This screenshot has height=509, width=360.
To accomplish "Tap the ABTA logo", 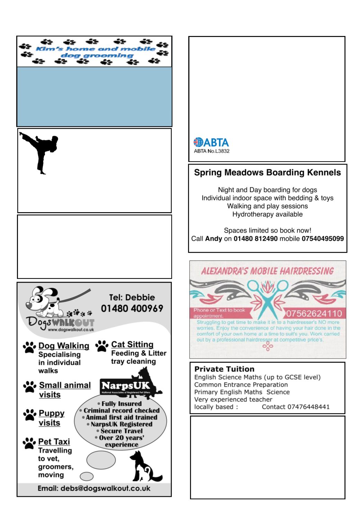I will (211, 143).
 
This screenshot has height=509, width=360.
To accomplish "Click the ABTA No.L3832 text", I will (211, 151).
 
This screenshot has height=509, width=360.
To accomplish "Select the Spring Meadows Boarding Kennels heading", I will (267, 173).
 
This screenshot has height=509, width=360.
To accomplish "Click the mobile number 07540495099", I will (323, 239).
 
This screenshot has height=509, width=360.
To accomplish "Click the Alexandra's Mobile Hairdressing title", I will (267, 271).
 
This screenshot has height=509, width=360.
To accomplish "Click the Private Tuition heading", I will (224, 369).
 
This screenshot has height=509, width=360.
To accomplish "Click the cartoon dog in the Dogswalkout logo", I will (43, 301).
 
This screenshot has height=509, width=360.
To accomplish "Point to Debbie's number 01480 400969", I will (132, 308).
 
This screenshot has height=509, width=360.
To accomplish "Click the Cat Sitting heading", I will (132, 344).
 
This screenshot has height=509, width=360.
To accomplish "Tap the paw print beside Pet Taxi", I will (30, 443).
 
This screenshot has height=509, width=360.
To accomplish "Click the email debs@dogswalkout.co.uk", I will (94, 489).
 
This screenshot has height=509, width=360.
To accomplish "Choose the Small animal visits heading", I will (65, 390).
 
